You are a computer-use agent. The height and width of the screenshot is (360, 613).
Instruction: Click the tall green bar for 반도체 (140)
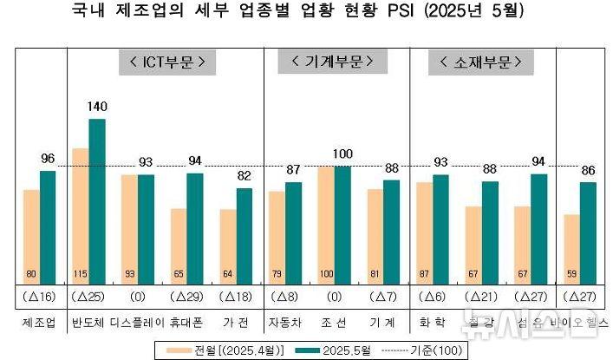(x=97, y=200)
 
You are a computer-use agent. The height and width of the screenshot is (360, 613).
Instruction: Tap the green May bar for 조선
(x=343, y=224)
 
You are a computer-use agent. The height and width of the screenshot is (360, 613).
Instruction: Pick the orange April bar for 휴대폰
(x=179, y=245)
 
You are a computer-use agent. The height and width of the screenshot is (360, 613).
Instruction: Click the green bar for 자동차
(x=294, y=232)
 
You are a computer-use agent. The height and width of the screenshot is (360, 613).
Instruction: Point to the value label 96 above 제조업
(x=48, y=159)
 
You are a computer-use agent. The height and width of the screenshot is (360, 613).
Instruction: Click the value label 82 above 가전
(x=245, y=176)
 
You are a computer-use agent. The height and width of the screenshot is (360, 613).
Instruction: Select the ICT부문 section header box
(x=166, y=62)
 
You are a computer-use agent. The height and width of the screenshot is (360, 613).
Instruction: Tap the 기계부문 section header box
(x=327, y=62)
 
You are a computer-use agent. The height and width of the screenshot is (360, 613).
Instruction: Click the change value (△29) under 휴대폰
(x=187, y=297)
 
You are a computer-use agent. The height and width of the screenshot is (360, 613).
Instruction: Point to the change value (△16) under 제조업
(x=39, y=297)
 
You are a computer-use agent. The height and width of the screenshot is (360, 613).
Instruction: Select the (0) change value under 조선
(x=335, y=297)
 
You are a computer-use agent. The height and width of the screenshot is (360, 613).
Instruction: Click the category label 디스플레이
(x=138, y=322)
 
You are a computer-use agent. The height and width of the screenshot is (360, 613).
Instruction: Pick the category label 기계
(x=383, y=322)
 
